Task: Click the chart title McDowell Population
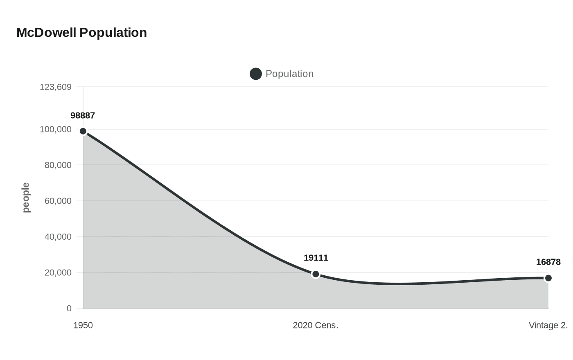[81, 33]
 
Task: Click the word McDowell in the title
[46, 33]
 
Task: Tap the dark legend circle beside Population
[256, 74]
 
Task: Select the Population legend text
[289, 74]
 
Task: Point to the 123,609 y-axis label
[56, 87]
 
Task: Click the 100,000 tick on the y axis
[56, 129]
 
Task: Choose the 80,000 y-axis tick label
[58, 165]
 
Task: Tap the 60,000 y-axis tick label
[58, 201]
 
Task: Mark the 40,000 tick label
[58, 237]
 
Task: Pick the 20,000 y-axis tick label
[58, 272]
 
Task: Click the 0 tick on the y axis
[69, 308]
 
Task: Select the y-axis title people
[26, 198]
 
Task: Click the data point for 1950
[83, 131]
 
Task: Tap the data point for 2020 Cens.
[316, 274]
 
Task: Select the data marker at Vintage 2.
[548, 278]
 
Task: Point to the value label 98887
[83, 116]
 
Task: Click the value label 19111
[316, 258]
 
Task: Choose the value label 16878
[548, 262]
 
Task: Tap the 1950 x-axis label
[83, 326]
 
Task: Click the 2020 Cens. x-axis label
[316, 326]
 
